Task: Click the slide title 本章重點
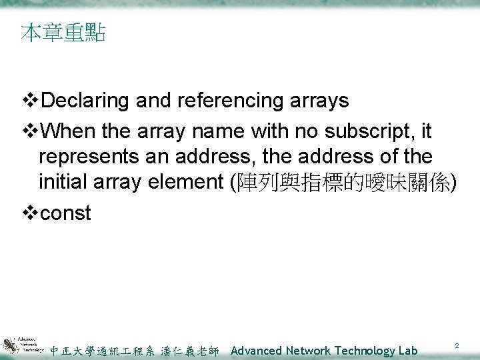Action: pos(63,33)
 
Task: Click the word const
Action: pos(65,214)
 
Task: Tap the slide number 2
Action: pos(457,346)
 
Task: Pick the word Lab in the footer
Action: pos(408,351)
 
